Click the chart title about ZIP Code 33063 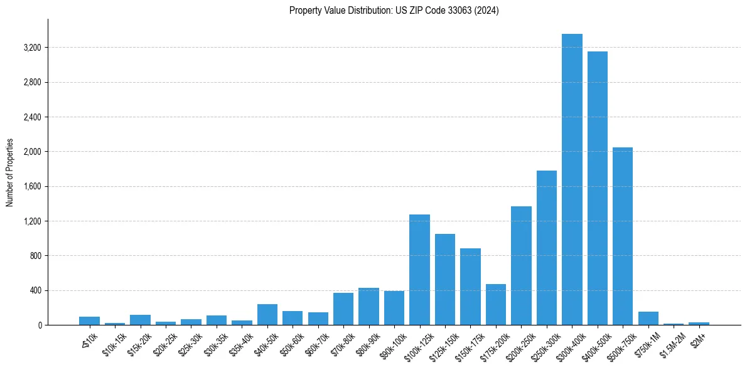coord(394,11)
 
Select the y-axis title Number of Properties coord(10,172)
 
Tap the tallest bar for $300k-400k coord(572,179)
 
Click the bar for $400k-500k coord(597,188)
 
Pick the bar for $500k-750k coord(623,236)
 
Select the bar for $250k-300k coord(546,248)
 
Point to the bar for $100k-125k coord(419,270)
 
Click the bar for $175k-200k coord(495,305)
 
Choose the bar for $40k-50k coord(267,315)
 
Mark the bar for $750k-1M coord(648,319)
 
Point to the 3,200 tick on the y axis coord(32,48)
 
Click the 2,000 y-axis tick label coord(32,152)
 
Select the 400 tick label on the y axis coord(35,290)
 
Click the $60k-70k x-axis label coord(316,344)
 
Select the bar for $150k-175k coord(470,287)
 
